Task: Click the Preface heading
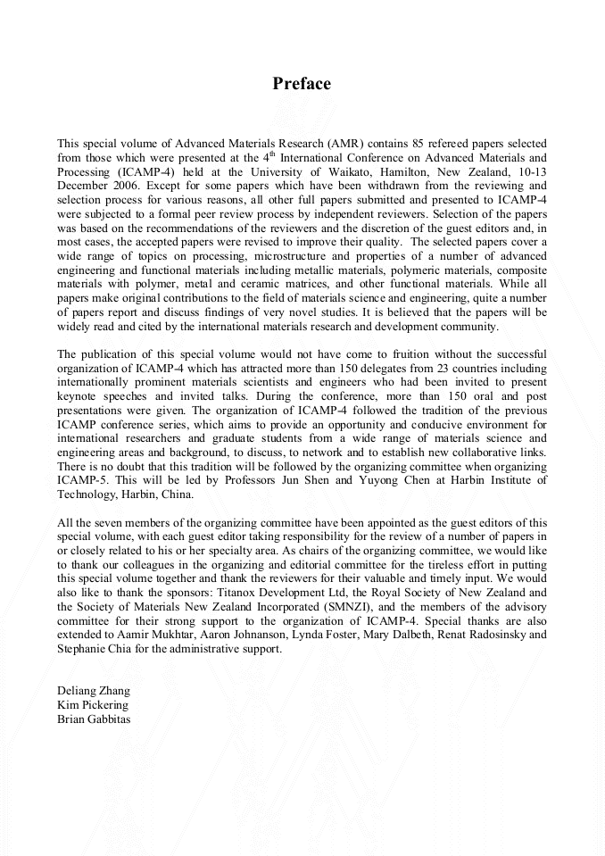(x=302, y=84)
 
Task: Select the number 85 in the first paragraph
(x=415, y=144)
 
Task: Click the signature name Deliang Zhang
(x=94, y=690)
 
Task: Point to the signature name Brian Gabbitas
(x=94, y=719)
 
